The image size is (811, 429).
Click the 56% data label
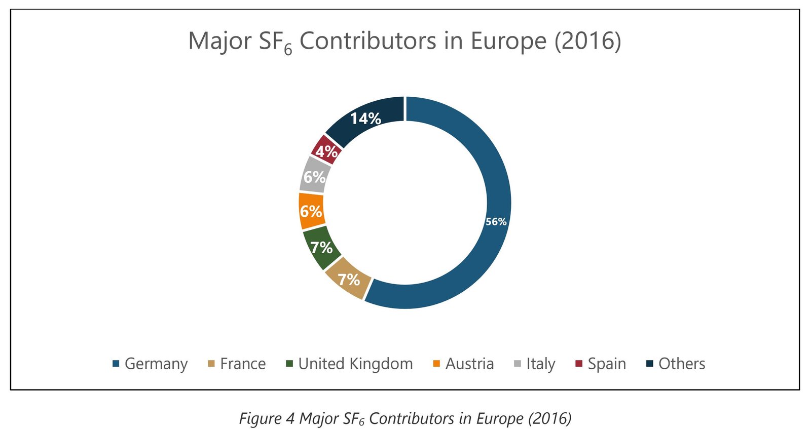coord(496,222)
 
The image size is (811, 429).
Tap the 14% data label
coord(365,119)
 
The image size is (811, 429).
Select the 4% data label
coord(326,151)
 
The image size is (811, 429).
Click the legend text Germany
coord(156,364)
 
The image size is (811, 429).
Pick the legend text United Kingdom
coord(355,364)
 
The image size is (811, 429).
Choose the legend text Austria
coord(469,364)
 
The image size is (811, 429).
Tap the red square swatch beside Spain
coord(579,364)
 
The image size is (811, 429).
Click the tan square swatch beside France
coord(211,364)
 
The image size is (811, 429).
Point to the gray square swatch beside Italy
coord(518,364)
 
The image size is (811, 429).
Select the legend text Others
coord(682,364)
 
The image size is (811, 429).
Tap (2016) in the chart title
coord(587,41)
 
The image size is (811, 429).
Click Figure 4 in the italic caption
coord(267,418)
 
